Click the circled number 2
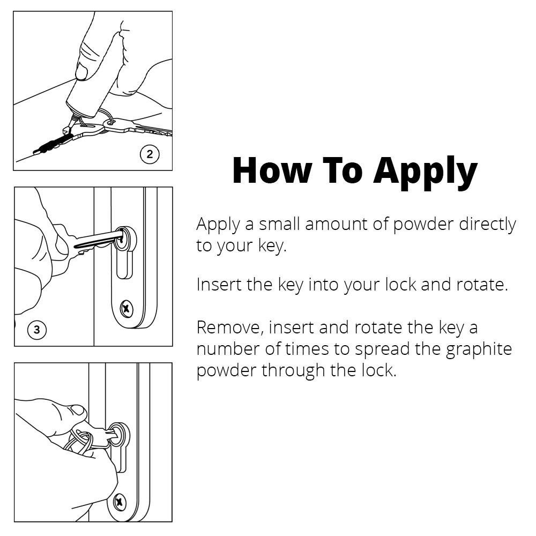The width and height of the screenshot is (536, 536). [150, 154]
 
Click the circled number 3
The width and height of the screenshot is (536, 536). [36, 330]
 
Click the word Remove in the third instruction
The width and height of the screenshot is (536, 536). [230, 327]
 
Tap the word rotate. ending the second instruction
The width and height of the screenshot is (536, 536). [482, 285]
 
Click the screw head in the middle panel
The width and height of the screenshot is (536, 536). [126, 309]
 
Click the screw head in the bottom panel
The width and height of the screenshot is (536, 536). [120, 502]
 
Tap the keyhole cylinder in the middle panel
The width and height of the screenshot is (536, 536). [124, 251]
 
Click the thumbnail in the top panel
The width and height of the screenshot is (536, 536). [82, 72]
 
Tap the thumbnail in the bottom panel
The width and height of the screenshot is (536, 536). [77, 410]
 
